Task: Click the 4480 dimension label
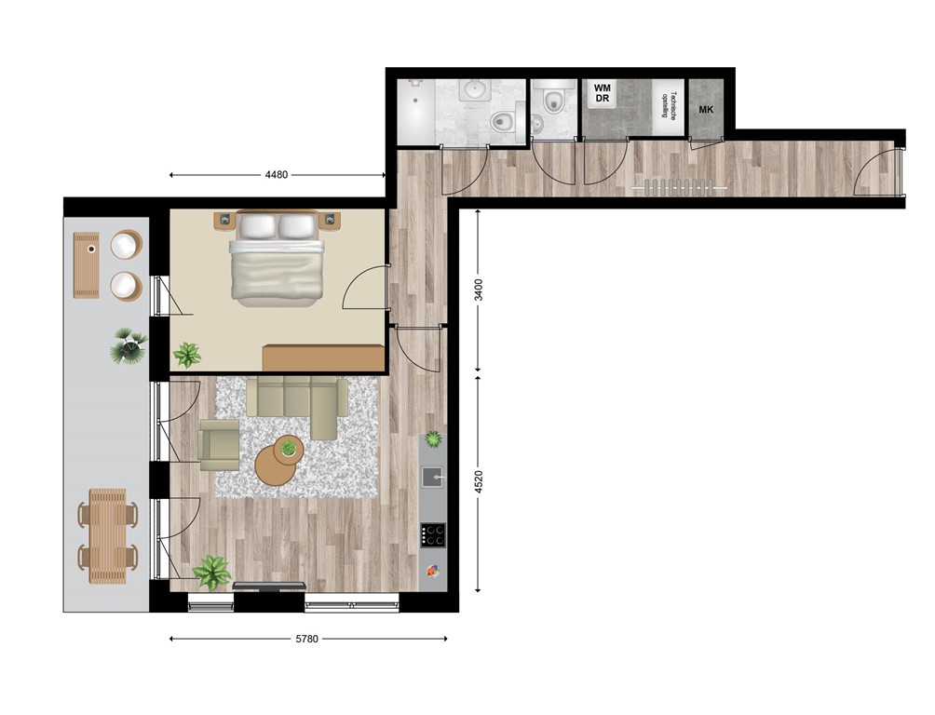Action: pos(277,174)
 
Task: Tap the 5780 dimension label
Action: pos(307,639)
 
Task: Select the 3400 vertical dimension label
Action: pos(479,290)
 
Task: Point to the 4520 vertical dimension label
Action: pos(479,484)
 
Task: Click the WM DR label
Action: pos(602,93)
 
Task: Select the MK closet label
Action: pos(707,110)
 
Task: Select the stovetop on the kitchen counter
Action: pos(433,534)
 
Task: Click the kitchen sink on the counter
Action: pos(433,477)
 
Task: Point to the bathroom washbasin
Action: pos(475,91)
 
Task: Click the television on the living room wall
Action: pos(268,585)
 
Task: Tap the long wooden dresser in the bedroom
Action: pos(323,358)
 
